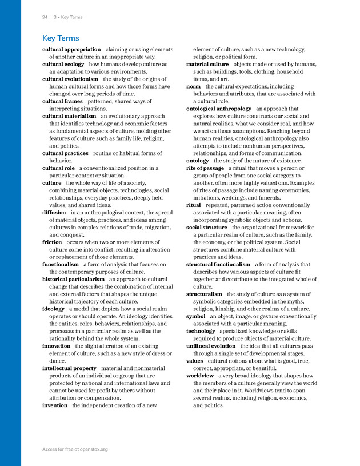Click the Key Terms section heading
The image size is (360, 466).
61,38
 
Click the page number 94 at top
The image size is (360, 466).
45,17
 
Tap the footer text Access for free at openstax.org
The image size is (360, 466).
75,449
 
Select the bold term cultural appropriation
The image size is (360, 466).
71,50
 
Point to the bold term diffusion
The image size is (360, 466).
54,213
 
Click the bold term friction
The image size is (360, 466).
52,242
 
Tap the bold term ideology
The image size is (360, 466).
53,309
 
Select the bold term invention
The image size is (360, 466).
55,405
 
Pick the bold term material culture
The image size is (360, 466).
207,65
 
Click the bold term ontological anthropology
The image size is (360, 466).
219,109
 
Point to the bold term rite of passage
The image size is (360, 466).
205,168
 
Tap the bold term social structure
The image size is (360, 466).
206,228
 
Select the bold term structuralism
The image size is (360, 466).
205,294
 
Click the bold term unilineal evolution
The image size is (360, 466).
211,346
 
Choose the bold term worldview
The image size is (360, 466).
201,376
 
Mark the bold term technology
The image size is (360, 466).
201,331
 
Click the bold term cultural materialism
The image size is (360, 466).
69,117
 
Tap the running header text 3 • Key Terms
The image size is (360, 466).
68,17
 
